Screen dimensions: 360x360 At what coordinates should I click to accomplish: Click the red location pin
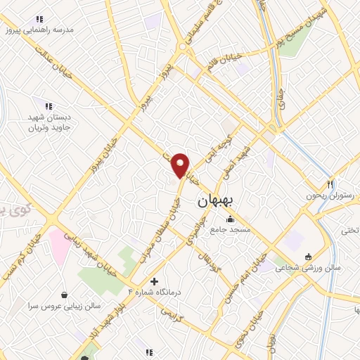pyautogui.click(x=181, y=165)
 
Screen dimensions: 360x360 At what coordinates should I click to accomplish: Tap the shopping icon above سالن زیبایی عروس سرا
pyautogui.click(x=65, y=295)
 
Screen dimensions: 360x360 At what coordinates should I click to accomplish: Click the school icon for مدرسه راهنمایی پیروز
pyautogui.click(x=39, y=19)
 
